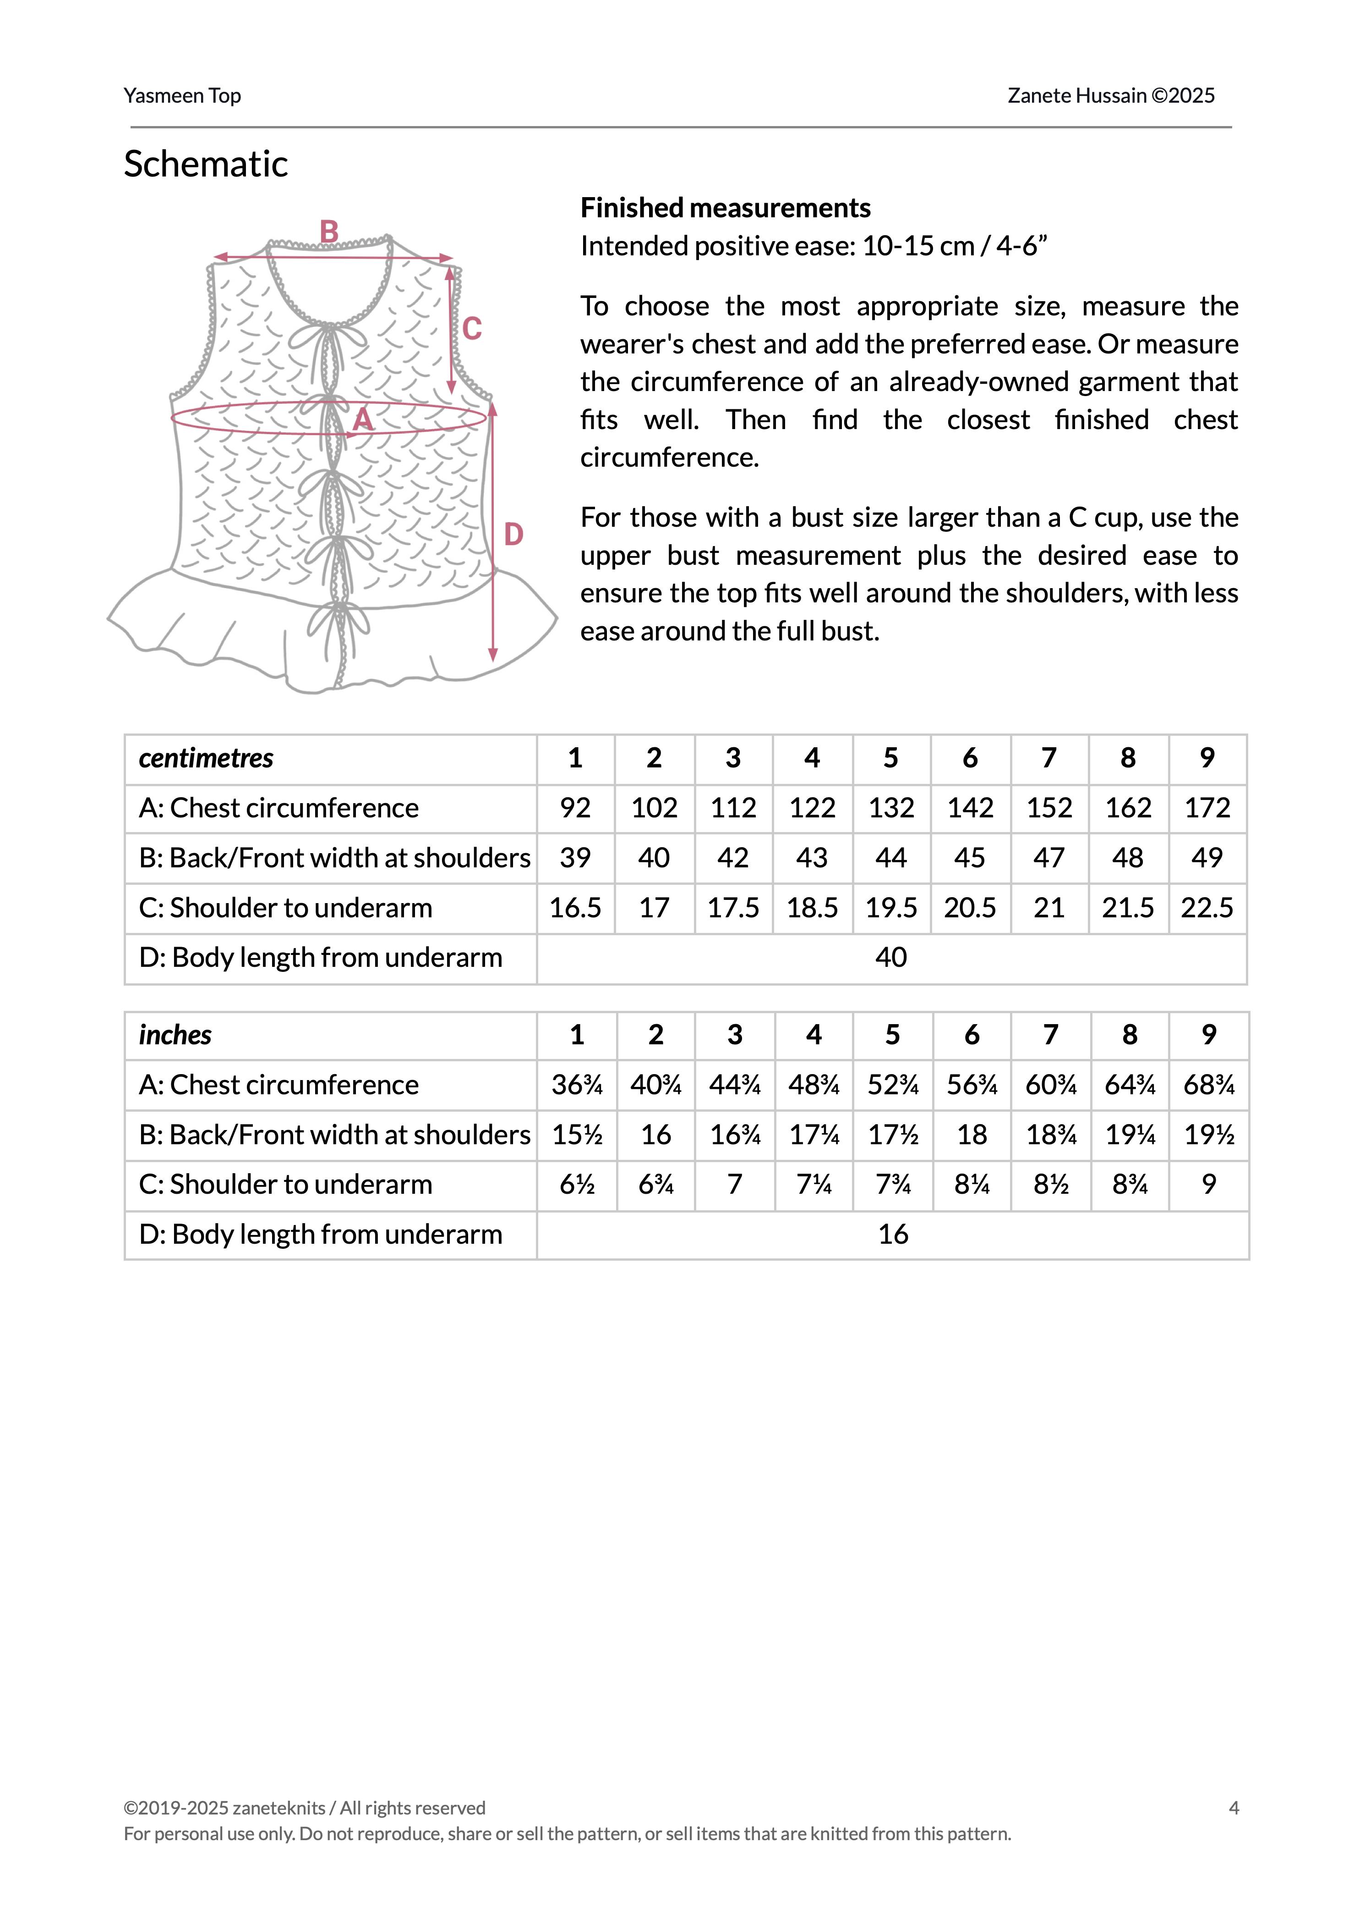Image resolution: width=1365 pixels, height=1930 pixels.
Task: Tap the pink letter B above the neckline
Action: pyautogui.click(x=329, y=231)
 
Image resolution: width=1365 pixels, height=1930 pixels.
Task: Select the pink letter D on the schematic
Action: pyautogui.click(x=513, y=534)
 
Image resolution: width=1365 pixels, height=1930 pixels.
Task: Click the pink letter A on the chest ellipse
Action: pyautogui.click(x=362, y=419)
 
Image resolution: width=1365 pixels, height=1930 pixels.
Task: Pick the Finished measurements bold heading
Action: pyautogui.click(x=726, y=208)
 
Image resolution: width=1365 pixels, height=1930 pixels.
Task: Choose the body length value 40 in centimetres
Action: pyautogui.click(x=891, y=958)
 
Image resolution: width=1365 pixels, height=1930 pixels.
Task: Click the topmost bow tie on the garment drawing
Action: pyautogui.click(x=328, y=336)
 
